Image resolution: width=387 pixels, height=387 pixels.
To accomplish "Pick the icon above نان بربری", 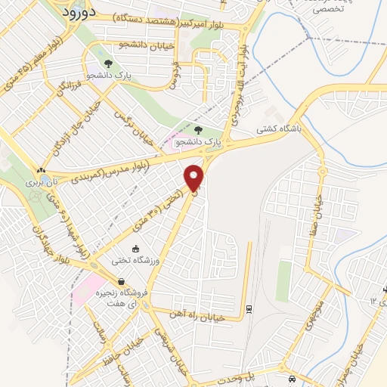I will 41,170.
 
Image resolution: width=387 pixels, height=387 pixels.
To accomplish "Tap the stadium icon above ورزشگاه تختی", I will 135,249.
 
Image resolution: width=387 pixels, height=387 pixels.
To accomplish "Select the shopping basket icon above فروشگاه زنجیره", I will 121,282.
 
